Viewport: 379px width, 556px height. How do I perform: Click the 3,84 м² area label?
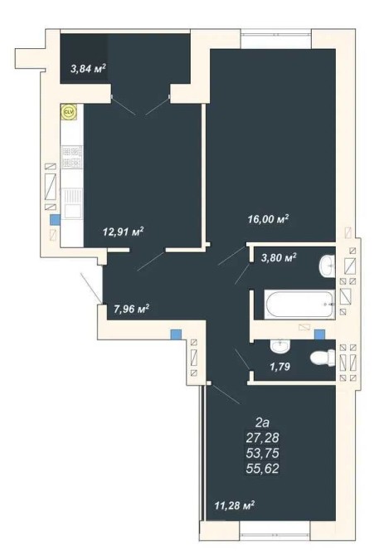[x=89, y=68]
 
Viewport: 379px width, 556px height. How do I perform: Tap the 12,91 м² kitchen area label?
[x=123, y=232]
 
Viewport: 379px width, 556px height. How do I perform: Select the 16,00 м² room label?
[x=268, y=219]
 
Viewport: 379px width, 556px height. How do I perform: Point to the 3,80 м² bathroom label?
[x=279, y=257]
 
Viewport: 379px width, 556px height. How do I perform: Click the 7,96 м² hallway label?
[x=131, y=309]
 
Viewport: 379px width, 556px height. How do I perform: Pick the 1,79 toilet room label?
[x=279, y=366]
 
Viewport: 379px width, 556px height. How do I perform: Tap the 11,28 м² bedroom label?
[x=235, y=505]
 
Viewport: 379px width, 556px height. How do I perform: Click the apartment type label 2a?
[x=262, y=422]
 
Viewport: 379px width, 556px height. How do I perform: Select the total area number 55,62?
[x=262, y=468]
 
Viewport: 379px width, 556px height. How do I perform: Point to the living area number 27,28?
[x=262, y=437]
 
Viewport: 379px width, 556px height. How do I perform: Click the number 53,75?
[x=262, y=453]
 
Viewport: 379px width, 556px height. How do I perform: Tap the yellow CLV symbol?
[x=68, y=112]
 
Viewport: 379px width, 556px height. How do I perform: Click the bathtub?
[x=299, y=305]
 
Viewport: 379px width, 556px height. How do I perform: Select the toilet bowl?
[x=323, y=358]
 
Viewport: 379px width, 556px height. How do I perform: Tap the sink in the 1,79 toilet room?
[x=280, y=346]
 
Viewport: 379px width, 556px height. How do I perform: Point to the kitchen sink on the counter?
[x=72, y=203]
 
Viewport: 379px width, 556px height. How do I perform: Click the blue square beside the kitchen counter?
[x=55, y=220]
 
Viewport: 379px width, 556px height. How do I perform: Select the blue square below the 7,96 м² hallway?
[x=176, y=334]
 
